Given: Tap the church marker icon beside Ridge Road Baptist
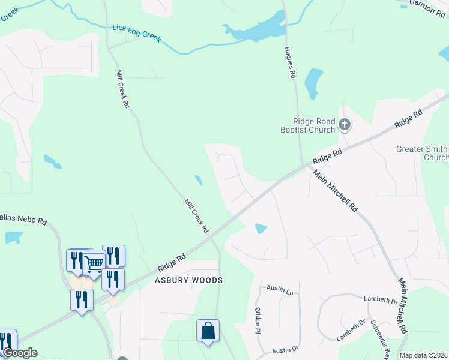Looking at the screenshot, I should [345, 125].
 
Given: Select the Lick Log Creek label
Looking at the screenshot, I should [137, 33].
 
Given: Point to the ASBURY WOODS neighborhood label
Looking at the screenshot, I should [189, 280].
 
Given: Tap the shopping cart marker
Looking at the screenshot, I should [94, 263].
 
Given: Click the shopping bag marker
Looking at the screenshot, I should [208, 331].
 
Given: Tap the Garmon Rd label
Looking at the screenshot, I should [426, 5].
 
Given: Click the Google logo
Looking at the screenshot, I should [19, 353].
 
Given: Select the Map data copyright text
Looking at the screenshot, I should [423, 355].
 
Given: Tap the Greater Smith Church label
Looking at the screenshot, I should [422, 153].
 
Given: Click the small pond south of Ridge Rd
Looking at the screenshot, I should [261, 229].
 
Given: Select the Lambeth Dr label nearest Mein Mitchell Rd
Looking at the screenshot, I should [380, 298].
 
